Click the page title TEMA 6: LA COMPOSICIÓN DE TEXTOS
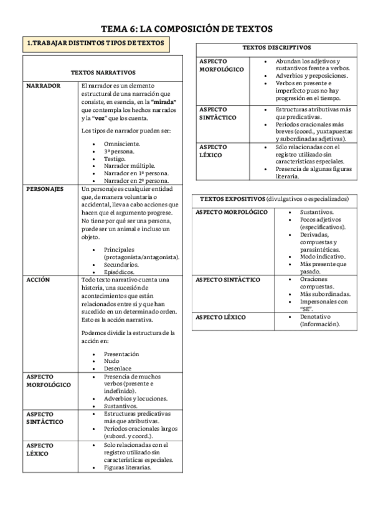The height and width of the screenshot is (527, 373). click(x=186, y=29)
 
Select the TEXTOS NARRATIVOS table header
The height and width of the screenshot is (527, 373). click(x=103, y=73)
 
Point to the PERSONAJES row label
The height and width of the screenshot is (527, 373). click(x=45, y=188)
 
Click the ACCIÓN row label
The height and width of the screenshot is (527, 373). click(x=38, y=280)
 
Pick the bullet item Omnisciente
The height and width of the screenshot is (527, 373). click(x=122, y=143)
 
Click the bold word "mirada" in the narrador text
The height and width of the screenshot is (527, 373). click(x=164, y=101)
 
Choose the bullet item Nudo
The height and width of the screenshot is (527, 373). click(x=112, y=360)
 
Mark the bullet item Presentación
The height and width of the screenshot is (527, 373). click(x=121, y=353)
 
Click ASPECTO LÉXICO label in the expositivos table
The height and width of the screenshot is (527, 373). click(x=220, y=317)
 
